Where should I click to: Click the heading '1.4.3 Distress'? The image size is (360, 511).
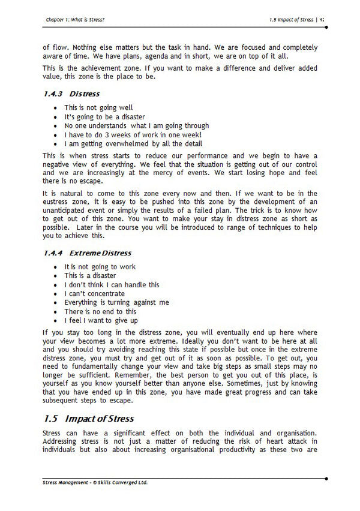(x=71, y=94)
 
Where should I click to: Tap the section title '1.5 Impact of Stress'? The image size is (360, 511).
(x=89, y=418)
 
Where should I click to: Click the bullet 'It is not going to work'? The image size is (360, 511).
(x=100, y=267)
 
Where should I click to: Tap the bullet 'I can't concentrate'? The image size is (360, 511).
(x=94, y=294)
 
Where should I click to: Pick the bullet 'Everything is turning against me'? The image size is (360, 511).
(x=116, y=303)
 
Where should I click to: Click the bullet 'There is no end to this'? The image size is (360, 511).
(x=100, y=312)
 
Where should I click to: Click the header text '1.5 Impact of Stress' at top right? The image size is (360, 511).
(x=292, y=20)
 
